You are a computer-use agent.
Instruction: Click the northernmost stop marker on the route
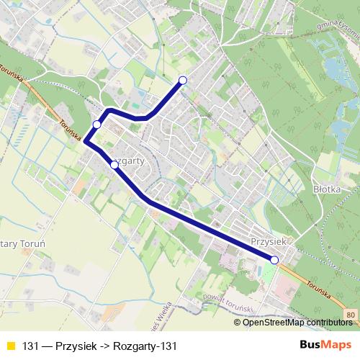[x=183, y=80]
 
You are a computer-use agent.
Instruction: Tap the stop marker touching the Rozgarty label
[x=114, y=165]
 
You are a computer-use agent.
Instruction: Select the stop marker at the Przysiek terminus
[x=274, y=259]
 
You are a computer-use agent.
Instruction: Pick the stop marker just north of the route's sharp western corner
[x=96, y=125]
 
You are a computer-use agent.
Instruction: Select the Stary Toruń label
[x=22, y=244]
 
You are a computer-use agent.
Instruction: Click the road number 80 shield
[x=349, y=315]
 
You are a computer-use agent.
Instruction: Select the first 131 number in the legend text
[x=30, y=346]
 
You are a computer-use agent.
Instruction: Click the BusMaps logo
[x=326, y=346]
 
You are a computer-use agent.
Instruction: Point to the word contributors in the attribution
[x=328, y=323]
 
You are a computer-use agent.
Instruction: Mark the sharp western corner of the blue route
[x=86, y=141]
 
